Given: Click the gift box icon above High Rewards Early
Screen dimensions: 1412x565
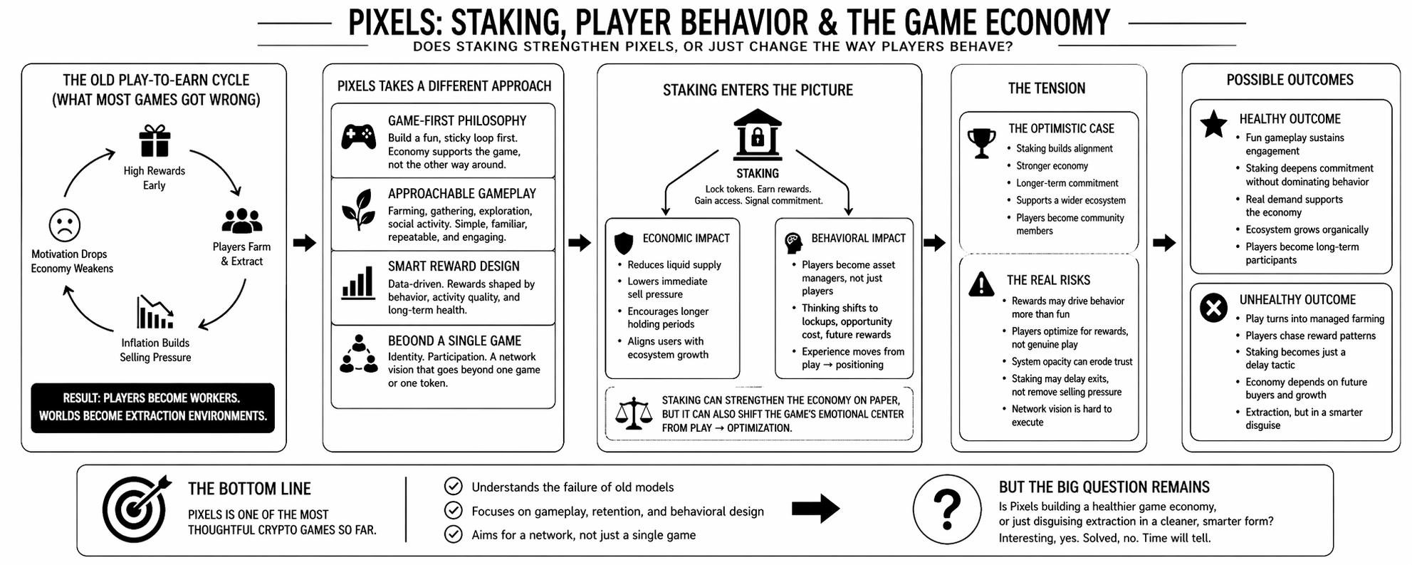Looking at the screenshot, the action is [155, 140].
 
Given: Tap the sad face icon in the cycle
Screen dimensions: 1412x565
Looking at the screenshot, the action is [64, 225].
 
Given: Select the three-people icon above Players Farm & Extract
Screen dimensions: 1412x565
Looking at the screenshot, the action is [241, 221].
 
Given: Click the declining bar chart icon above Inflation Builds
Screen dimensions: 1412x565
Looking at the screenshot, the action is [155, 312].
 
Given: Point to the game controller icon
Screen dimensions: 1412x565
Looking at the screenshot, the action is [358, 136].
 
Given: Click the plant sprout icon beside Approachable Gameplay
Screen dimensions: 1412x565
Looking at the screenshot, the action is [358, 209].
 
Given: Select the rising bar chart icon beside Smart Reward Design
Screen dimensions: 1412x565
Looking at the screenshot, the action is [358, 282].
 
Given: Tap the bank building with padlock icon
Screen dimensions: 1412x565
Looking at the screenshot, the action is [757, 134].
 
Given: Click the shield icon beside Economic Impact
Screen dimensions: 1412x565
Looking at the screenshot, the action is [624, 243].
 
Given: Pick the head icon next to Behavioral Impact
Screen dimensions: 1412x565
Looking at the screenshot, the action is [793, 243].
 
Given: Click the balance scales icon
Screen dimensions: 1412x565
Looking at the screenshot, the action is [633, 413].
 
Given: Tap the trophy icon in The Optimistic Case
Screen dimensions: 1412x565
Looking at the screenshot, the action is [981, 142].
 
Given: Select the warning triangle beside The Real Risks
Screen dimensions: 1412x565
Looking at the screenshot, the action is [981, 284].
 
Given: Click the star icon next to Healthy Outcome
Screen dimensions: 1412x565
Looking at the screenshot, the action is [1213, 124].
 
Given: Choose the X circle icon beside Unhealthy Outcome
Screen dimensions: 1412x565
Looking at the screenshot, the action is [1213, 308].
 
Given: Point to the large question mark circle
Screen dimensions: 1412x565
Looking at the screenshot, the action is [947, 509].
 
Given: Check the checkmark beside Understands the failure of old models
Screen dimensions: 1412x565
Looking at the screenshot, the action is [453, 487].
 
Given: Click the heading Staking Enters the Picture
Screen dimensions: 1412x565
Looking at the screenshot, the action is [758, 90].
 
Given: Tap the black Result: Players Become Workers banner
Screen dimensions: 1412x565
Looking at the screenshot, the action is [152, 408].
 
